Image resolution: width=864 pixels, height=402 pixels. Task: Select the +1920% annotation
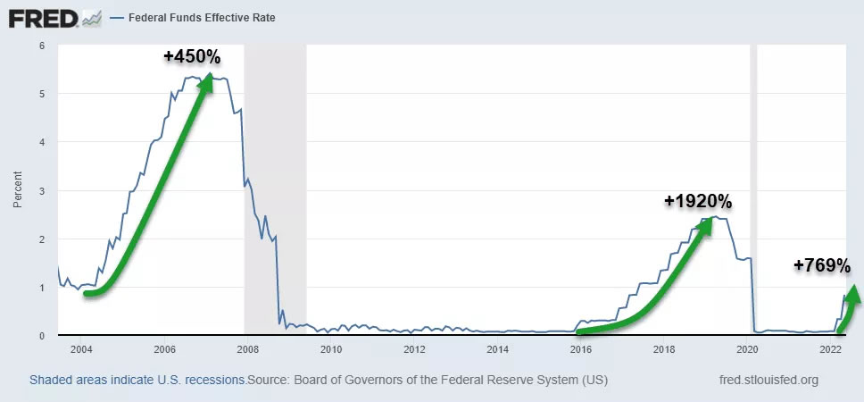(697, 201)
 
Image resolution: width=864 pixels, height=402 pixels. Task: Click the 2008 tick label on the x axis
(247, 348)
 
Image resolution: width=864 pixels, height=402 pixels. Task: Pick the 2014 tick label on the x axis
(497, 348)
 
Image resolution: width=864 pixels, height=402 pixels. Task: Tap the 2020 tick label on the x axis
(747, 348)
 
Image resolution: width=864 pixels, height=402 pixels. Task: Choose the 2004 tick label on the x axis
(81, 348)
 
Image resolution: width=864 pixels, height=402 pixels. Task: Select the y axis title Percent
(17, 189)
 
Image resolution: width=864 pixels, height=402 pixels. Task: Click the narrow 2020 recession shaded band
(753, 179)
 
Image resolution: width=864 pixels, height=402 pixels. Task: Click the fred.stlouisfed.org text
(768, 380)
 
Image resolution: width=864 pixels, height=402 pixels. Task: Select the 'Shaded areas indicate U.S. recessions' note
(137, 380)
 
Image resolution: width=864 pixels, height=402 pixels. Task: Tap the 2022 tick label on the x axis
(831, 348)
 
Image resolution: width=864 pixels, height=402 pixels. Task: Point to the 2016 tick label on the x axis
(581, 348)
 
